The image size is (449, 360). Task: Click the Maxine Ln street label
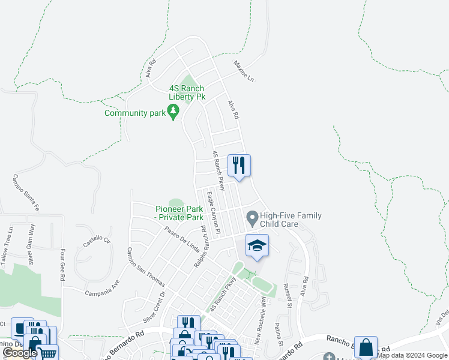[244, 71]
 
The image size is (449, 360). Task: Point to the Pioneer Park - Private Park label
[179, 213]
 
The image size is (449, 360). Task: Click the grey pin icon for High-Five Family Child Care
[252, 216]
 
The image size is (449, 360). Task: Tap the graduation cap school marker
[257, 245]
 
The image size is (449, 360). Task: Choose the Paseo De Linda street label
[177, 238]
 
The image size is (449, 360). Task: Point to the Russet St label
[288, 296]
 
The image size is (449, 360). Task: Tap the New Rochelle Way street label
[260, 325]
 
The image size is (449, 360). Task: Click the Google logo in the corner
[20, 353]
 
